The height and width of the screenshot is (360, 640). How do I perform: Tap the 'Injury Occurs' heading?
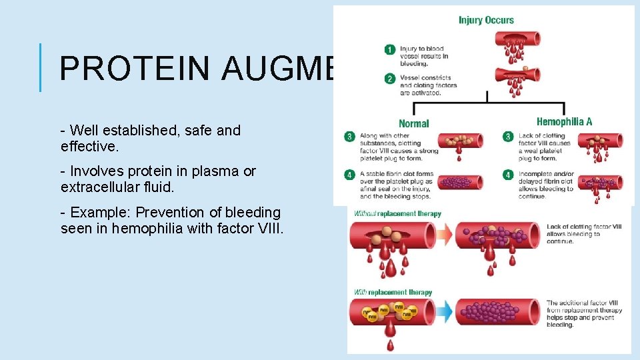coord(486,20)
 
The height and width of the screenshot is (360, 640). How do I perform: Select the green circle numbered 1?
coord(390,49)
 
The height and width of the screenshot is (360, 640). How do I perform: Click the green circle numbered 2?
coord(390,79)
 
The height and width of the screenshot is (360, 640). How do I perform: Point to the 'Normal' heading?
coord(414,123)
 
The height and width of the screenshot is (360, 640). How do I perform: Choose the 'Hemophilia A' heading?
coord(564,122)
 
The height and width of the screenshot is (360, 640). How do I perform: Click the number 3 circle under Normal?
coord(349,137)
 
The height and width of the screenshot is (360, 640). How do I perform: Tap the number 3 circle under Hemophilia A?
coord(508,137)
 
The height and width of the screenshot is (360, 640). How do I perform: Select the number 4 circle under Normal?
coord(349,175)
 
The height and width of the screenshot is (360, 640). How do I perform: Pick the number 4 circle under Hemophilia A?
coord(508,175)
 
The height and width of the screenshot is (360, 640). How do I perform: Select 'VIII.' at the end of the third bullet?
coord(271,229)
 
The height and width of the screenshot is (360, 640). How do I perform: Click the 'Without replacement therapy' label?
coord(397,214)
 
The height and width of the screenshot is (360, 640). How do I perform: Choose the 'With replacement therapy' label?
coord(393,292)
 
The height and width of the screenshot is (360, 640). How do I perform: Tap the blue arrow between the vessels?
coord(445,312)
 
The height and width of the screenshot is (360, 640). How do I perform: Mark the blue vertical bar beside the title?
coord(41,67)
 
